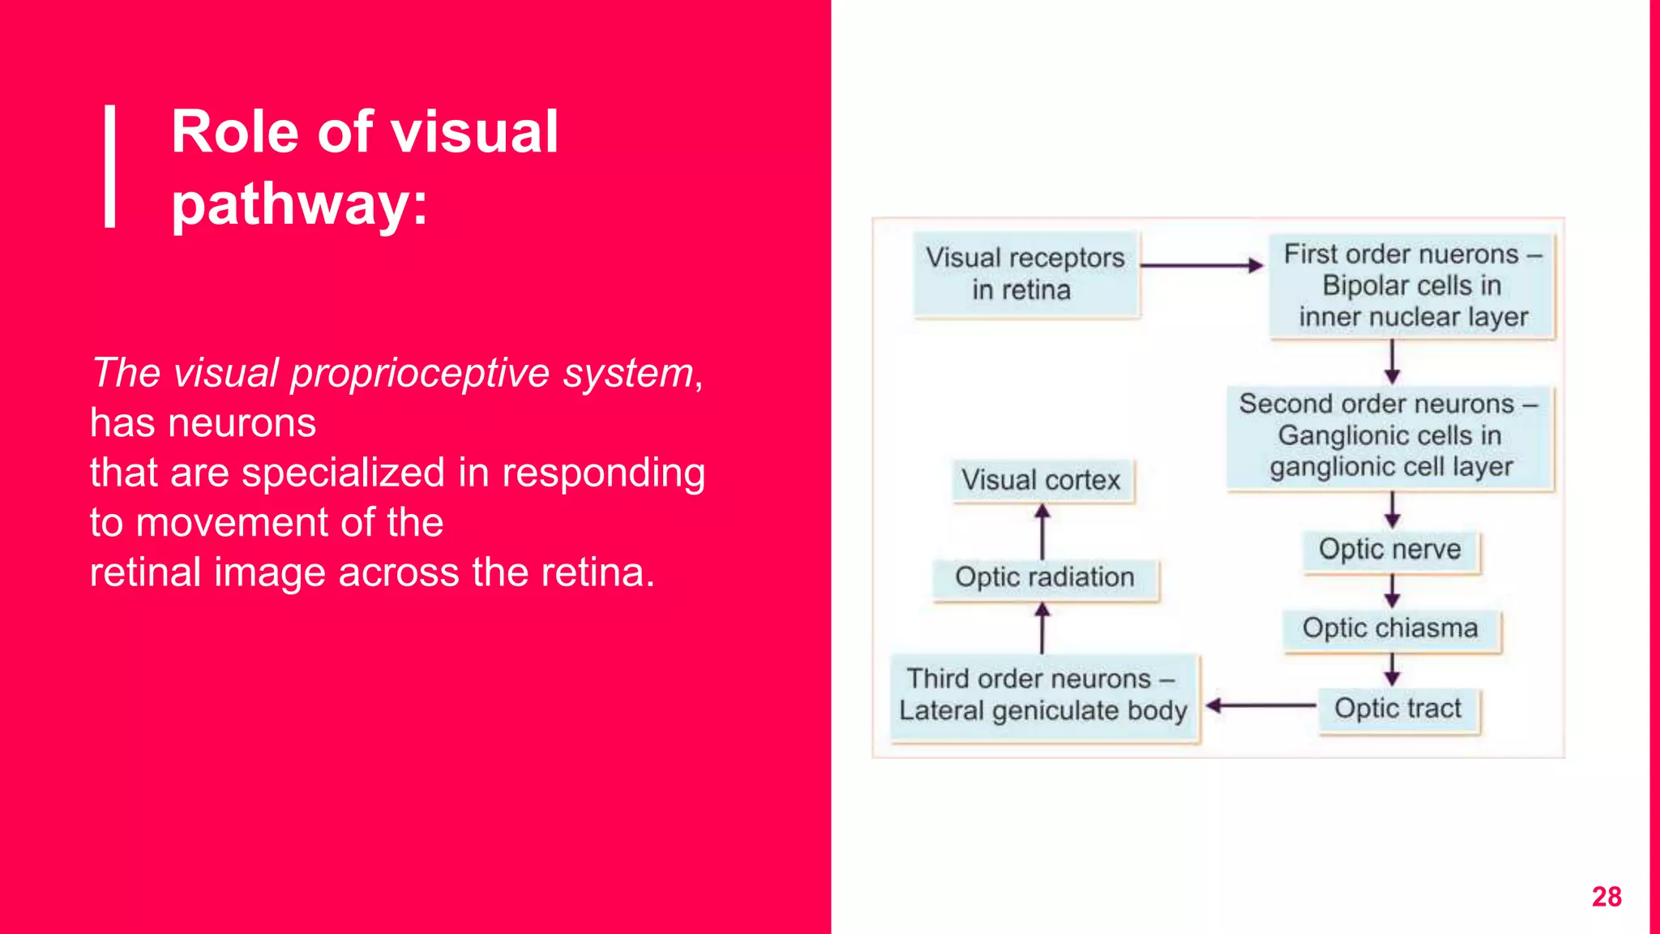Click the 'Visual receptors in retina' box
1025,274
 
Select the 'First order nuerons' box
1412,285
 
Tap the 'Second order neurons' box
1390,436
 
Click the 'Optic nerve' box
1390,551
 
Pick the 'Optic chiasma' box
1390,629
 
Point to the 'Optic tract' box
1398,709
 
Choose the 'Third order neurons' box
1043,696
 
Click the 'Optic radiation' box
1045,578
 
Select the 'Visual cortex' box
1042,481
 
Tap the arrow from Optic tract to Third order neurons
1261,705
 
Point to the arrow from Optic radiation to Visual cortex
1043,532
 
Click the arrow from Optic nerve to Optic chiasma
1393,591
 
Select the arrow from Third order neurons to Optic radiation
1043,628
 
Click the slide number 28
1606,897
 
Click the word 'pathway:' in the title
299,204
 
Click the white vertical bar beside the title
110,166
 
